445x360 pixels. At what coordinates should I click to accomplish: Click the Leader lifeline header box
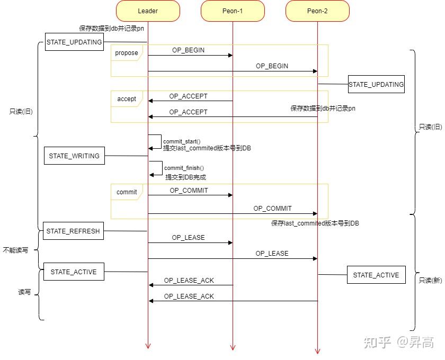point(148,11)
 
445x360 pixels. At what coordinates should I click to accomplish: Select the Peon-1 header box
point(233,11)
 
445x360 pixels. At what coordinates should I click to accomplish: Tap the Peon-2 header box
point(317,11)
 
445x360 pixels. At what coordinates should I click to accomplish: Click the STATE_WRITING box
point(74,156)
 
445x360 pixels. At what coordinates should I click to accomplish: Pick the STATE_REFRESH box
point(73,231)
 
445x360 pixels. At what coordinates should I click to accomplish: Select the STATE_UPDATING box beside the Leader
point(74,42)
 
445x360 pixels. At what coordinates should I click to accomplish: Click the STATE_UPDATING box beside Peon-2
point(376,84)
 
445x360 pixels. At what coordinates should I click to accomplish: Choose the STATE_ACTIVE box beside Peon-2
point(376,275)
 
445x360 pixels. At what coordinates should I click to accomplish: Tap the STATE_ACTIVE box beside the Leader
point(74,272)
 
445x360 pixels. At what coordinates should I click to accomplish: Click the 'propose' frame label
point(126,53)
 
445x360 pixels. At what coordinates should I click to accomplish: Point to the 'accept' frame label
point(126,99)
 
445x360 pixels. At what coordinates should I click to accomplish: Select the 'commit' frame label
point(127,192)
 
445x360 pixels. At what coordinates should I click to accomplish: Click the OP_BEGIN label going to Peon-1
point(188,50)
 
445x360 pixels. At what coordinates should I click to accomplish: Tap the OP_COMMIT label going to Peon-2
point(272,209)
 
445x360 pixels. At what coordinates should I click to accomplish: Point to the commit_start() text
point(182,141)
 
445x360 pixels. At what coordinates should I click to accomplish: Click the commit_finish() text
point(184,168)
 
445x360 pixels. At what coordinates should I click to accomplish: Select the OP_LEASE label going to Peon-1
point(188,238)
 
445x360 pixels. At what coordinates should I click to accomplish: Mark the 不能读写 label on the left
point(15,250)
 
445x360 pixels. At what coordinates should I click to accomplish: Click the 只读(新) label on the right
point(430,281)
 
